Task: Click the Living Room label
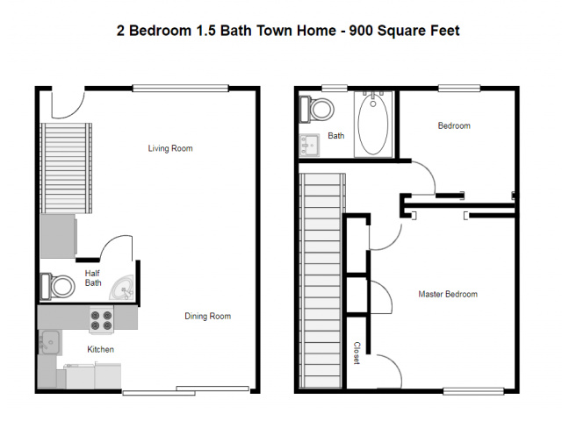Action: point(170,148)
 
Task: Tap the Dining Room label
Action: point(207,316)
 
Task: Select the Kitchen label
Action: point(101,349)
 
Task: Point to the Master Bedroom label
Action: point(448,295)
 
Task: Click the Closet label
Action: point(357,353)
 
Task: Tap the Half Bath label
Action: point(93,278)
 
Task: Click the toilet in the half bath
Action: point(58,287)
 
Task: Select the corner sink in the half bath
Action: point(122,288)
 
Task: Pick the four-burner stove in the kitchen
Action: point(102,320)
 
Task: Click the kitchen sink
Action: point(49,342)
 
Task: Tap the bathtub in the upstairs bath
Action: point(372,124)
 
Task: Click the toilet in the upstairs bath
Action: point(316,109)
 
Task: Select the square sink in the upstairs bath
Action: point(309,146)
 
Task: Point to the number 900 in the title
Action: point(361,31)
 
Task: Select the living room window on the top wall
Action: point(180,88)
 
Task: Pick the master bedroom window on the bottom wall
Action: point(473,391)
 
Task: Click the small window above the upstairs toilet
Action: point(335,88)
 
